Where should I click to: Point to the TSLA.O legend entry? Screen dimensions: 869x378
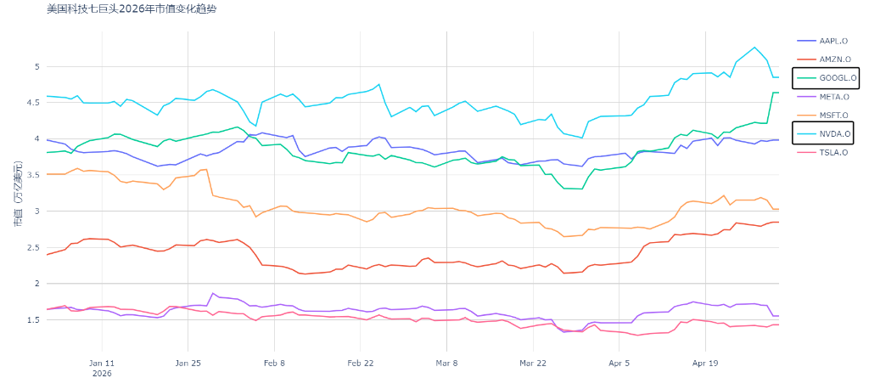pyautogui.click(x=824, y=152)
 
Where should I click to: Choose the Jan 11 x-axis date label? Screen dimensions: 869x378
pyautogui.click(x=102, y=364)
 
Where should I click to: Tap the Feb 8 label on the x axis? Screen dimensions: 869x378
pyautogui.click(x=274, y=364)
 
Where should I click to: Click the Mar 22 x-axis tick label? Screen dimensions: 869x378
pyautogui.click(x=533, y=364)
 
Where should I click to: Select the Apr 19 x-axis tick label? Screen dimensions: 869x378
pyautogui.click(x=705, y=364)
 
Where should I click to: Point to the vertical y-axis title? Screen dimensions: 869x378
pyautogui.click(x=19, y=194)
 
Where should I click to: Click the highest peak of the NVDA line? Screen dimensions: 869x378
pyautogui.click(x=754, y=48)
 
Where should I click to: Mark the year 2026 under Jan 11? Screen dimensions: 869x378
pyautogui.click(x=102, y=373)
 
